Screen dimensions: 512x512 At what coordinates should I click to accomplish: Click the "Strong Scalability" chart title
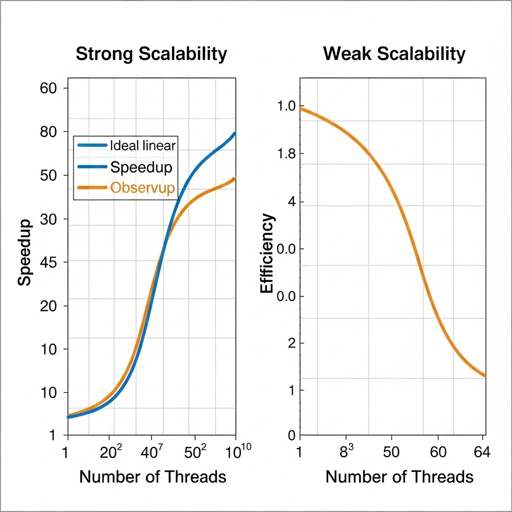pos(151,54)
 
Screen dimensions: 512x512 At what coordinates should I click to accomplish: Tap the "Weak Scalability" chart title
pos(394,54)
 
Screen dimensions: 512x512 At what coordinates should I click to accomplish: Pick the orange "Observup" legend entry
pos(142,188)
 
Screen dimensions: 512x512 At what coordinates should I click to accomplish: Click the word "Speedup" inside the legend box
pos(141,167)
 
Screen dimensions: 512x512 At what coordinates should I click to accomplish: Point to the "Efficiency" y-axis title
pos(267,253)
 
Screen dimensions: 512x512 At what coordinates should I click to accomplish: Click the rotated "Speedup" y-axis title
pos(25,252)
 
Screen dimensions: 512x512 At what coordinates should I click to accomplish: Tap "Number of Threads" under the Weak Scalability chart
pos(399,476)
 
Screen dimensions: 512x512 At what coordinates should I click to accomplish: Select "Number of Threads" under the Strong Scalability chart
pos(152,476)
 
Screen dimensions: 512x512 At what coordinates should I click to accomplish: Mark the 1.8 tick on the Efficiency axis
pos(286,154)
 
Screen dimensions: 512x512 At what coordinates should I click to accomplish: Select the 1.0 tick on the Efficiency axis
pos(286,107)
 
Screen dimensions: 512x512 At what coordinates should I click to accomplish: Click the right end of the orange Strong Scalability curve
pos(234,179)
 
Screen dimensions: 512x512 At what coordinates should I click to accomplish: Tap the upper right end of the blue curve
pos(234,133)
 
